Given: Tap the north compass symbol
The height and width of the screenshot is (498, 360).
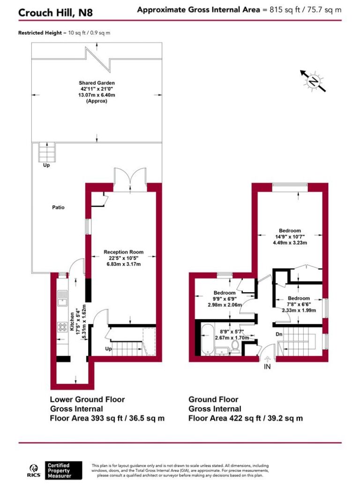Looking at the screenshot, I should point(312,82).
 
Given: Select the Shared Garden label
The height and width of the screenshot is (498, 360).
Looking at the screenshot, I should point(97,83).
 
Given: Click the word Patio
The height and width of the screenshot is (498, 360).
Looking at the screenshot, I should point(58,207).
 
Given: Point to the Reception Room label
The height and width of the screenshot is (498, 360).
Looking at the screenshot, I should point(123,252).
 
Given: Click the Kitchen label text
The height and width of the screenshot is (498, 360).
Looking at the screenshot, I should point(73,322).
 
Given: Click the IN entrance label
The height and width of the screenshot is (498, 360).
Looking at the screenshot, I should point(268,367).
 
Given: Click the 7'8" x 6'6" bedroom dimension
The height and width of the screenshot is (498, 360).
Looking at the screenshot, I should point(298,304).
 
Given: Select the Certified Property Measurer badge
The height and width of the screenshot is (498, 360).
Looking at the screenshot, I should point(64,470).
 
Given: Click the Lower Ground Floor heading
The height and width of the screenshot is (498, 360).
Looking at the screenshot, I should point(87,399).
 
